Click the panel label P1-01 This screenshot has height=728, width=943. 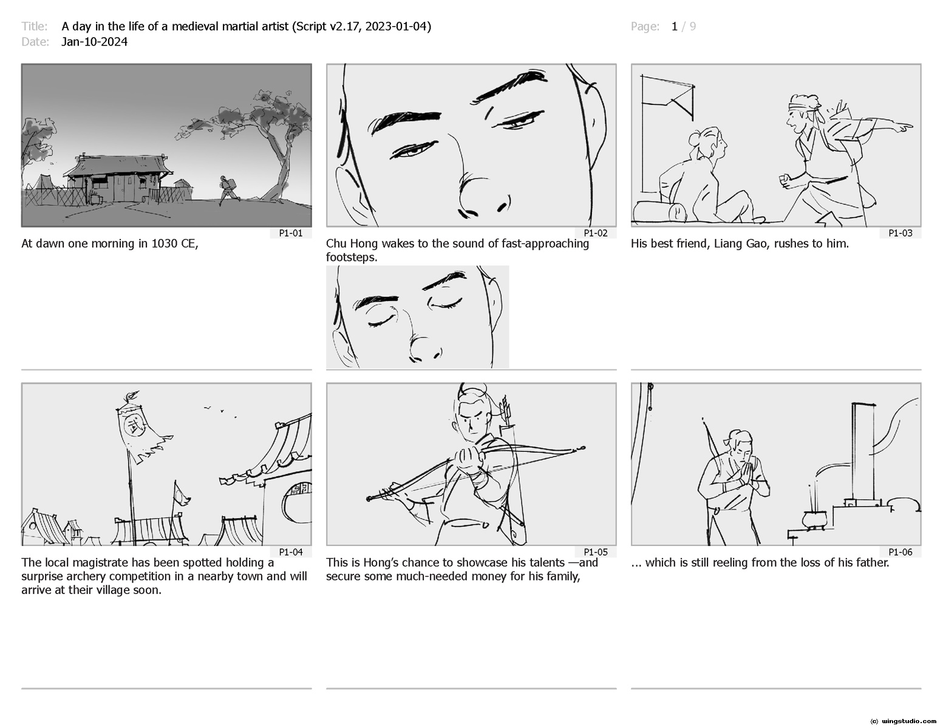click(290, 233)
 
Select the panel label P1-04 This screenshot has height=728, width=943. click(290, 552)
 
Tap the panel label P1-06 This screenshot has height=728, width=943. click(900, 552)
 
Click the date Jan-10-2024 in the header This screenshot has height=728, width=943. click(94, 42)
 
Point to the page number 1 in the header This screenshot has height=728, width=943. click(674, 27)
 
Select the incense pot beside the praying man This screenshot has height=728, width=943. click(813, 520)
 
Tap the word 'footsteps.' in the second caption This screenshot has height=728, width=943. click(352, 257)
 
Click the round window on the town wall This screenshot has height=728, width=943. click(296, 499)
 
